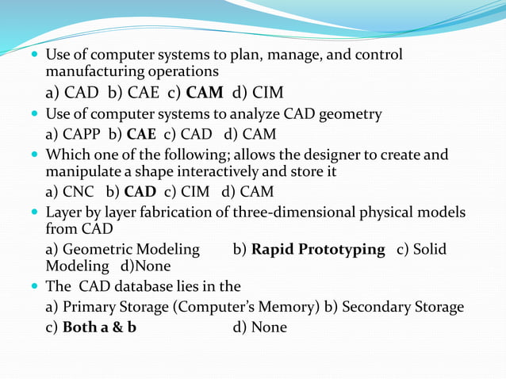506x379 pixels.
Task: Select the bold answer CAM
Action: click(205, 93)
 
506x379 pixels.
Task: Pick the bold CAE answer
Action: click(140, 134)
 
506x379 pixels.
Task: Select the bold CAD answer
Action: click(140, 191)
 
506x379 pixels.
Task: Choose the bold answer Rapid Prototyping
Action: click(318, 250)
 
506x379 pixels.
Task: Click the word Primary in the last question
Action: click(91, 307)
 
